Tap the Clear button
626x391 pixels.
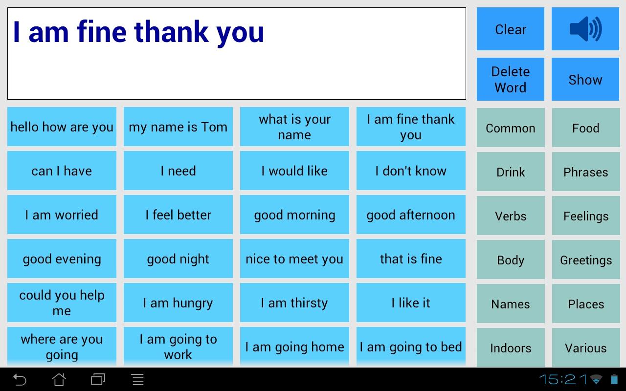tap(510, 29)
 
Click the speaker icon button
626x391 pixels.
tap(585, 29)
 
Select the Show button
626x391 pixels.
tap(585, 80)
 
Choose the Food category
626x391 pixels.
tap(585, 128)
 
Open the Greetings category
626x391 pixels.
tap(585, 260)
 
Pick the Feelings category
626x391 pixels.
tap(585, 216)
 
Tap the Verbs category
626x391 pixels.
tap(510, 216)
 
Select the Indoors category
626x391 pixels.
tap(510, 348)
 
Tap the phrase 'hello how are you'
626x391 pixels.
tap(62, 127)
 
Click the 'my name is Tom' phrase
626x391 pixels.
tap(178, 127)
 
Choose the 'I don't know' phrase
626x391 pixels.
tap(411, 171)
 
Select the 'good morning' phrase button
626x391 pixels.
tap(294, 215)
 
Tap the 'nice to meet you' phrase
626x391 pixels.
tap(294, 259)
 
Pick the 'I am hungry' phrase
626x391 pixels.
tap(178, 303)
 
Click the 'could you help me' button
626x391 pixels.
tap(62, 303)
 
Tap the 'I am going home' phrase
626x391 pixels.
tap(294, 347)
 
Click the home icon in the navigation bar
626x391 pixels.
tap(59, 379)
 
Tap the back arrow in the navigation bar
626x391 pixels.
tap(20, 379)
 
